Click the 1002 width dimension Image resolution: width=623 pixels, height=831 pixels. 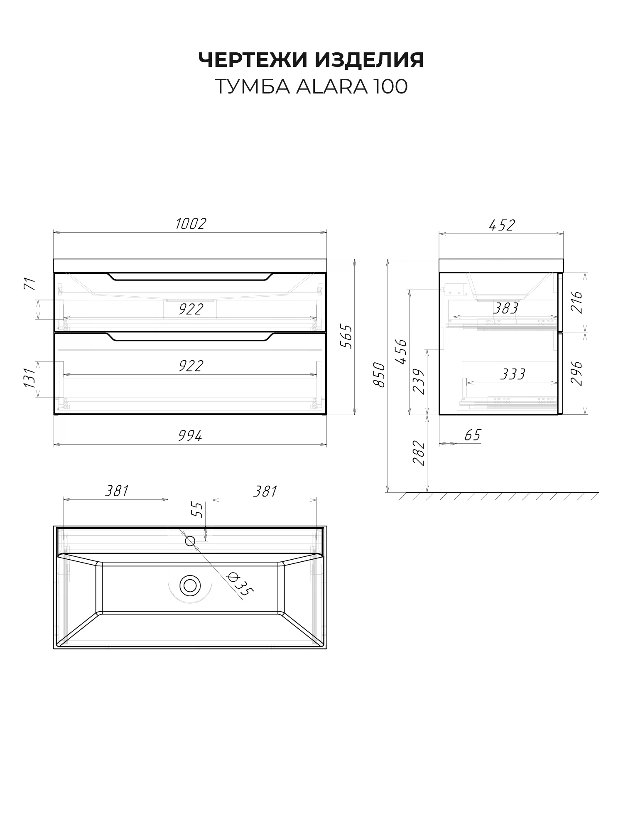point(191,224)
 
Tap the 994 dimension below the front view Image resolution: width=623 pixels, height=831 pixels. point(190,436)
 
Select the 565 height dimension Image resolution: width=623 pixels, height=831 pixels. point(347,337)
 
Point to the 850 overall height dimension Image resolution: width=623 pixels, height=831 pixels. point(379,374)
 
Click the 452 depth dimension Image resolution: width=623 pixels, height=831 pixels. point(502,225)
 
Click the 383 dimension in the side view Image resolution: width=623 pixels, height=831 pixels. point(505,308)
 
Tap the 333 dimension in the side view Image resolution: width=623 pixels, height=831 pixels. point(513,374)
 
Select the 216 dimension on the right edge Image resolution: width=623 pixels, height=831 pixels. point(577,302)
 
